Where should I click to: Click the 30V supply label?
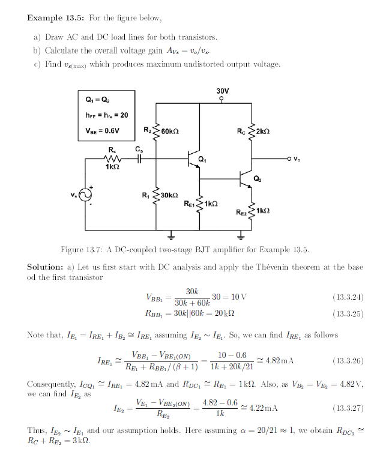point(222,91)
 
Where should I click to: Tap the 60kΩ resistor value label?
point(171,130)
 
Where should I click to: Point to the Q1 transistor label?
point(202,160)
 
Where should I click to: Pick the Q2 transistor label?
point(257,178)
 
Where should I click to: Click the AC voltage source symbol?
point(85,196)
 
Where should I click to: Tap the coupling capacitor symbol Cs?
point(139,159)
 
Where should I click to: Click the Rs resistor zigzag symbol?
point(112,159)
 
